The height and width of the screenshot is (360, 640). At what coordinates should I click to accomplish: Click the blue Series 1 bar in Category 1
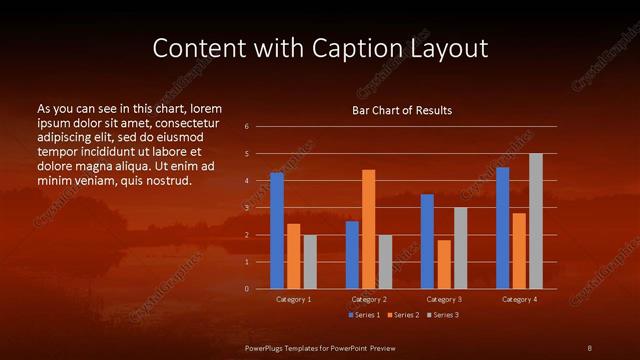click(x=277, y=230)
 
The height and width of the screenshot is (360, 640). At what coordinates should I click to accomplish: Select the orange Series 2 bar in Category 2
click(x=368, y=229)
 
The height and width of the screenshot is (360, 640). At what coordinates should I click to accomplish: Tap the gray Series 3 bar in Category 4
click(x=535, y=221)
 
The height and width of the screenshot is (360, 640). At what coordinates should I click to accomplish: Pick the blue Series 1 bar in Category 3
click(x=427, y=241)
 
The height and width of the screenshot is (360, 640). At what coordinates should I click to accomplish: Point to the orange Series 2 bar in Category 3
click(x=443, y=264)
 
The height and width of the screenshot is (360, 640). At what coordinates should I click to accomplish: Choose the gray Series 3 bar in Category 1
click(x=310, y=262)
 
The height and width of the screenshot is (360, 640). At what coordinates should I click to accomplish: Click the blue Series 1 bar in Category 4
click(x=502, y=228)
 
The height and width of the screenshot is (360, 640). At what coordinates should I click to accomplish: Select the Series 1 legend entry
click(x=362, y=315)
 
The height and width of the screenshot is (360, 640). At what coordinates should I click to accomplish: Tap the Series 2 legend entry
click(x=402, y=315)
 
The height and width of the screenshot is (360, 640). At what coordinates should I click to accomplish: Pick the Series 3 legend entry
click(x=442, y=315)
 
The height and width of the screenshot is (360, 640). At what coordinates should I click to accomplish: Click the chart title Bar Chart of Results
click(x=402, y=110)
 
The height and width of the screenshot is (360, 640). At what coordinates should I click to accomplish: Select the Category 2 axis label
click(x=368, y=299)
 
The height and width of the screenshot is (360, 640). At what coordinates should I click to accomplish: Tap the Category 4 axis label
click(x=518, y=299)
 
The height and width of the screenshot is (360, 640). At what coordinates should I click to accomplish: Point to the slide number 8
click(x=590, y=346)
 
